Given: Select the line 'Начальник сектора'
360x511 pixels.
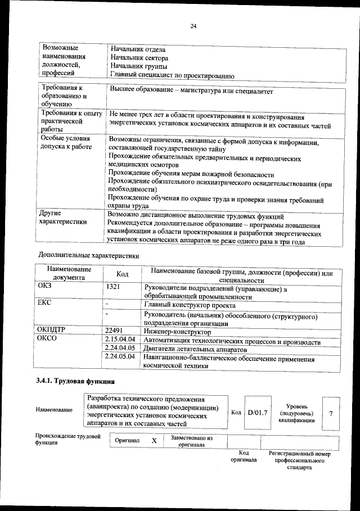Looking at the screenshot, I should pos(139,57).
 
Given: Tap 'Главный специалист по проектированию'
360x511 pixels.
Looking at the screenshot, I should pos(172,75).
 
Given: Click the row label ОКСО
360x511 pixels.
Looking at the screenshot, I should pos(48,340).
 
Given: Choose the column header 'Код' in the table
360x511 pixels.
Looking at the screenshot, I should pos(122,274).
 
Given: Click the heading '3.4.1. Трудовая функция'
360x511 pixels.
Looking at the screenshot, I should pos(71,382).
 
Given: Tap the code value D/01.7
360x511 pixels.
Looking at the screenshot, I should pos(256,413).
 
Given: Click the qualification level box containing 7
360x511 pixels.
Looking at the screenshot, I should pos(331,414).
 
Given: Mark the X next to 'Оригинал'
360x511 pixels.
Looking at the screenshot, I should pos(154,441).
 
